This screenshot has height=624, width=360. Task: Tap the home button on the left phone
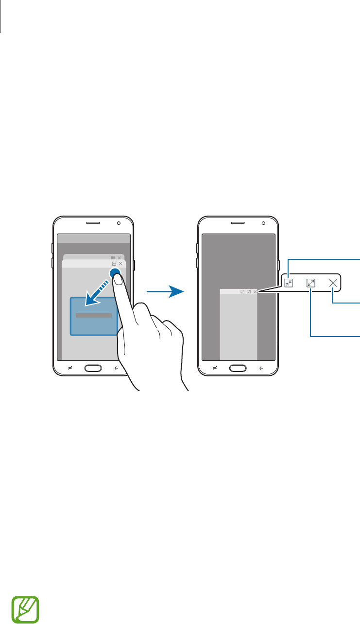pyautogui.click(x=93, y=368)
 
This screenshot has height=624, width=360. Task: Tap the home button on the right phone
pyautogui.click(x=238, y=368)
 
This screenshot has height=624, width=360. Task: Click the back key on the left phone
pyautogui.click(x=117, y=368)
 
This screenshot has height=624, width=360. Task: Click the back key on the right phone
pyautogui.click(x=261, y=368)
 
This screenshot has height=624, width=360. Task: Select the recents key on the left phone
pyautogui.click(x=70, y=368)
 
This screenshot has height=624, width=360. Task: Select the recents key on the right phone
pyautogui.click(x=215, y=368)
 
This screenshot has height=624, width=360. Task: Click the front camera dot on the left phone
pyautogui.click(x=119, y=224)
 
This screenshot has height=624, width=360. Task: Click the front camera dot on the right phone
pyautogui.click(x=263, y=224)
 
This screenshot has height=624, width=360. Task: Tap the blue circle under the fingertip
pyautogui.click(x=116, y=273)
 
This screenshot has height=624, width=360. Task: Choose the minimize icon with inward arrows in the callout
pyautogui.click(x=289, y=283)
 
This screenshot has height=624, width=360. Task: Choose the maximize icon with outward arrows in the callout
pyautogui.click(x=311, y=283)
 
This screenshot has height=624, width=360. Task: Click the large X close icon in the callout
pyautogui.click(x=333, y=283)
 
